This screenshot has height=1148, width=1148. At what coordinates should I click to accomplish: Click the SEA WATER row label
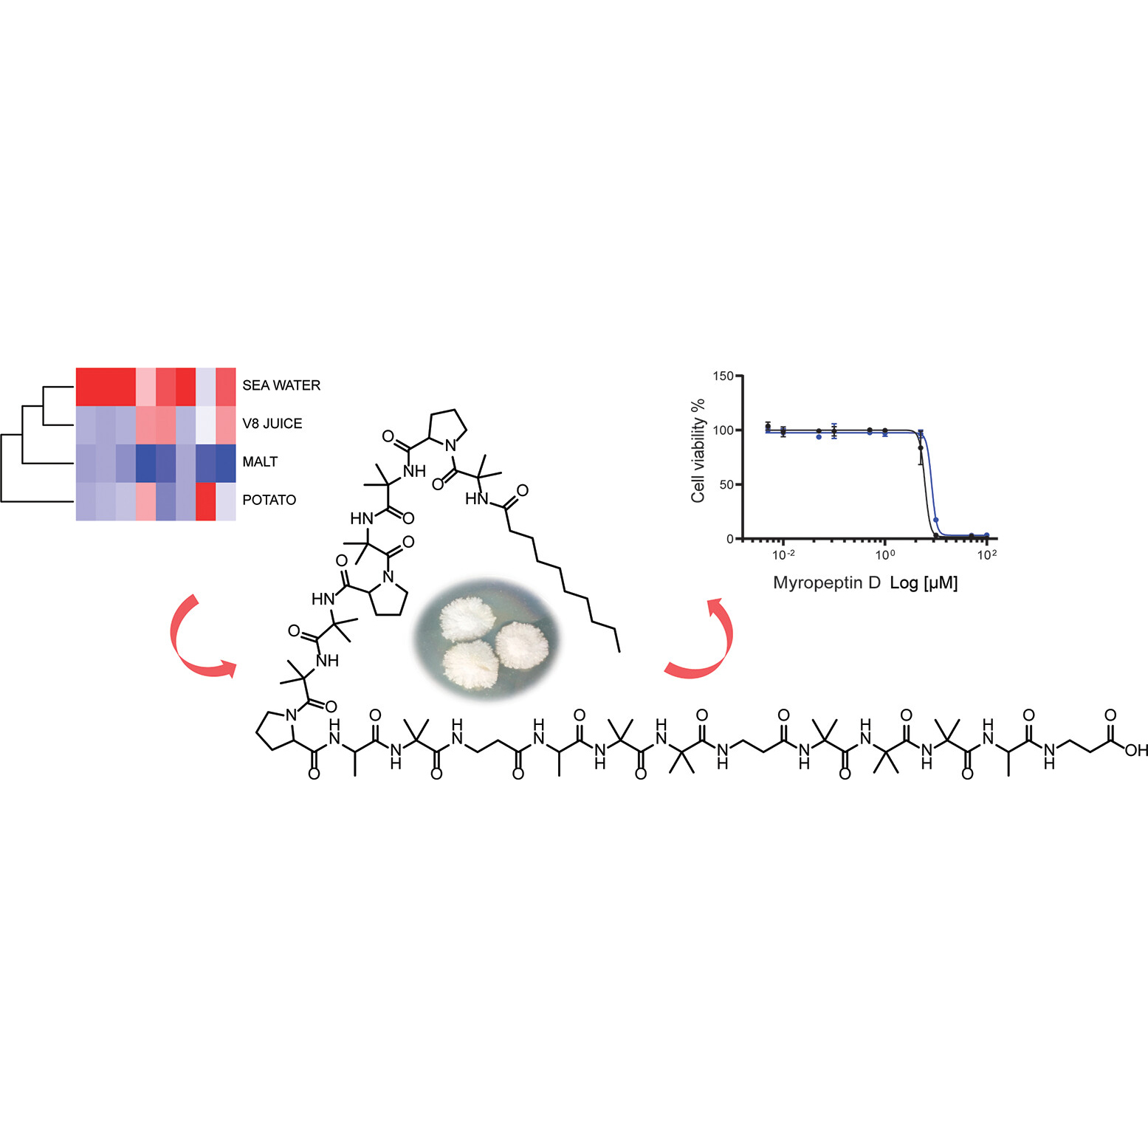(x=281, y=385)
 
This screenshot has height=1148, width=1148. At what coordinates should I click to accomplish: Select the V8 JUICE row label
(x=272, y=424)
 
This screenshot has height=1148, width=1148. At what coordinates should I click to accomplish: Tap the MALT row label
(x=260, y=462)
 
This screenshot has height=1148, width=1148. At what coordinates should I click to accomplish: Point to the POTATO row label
(x=269, y=501)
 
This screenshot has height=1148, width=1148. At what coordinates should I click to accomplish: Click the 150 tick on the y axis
(x=723, y=377)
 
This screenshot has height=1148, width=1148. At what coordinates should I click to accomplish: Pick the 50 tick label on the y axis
(x=726, y=485)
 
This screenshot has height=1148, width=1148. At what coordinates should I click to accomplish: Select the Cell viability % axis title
(x=698, y=451)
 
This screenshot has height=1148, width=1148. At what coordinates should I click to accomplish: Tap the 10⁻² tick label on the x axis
(x=783, y=554)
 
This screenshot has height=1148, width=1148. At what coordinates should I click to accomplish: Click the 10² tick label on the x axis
(x=987, y=554)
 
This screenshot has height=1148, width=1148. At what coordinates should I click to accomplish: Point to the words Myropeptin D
(x=827, y=582)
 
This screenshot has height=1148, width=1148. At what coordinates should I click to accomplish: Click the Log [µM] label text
(x=924, y=583)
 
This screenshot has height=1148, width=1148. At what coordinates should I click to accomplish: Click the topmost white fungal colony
(x=466, y=619)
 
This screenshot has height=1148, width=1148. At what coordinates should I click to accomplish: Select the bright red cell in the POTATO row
(x=205, y=501)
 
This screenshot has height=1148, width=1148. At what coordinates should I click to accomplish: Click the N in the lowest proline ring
(x=291, y=715)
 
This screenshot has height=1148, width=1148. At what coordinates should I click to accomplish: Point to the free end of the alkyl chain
(x=619, y=653)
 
